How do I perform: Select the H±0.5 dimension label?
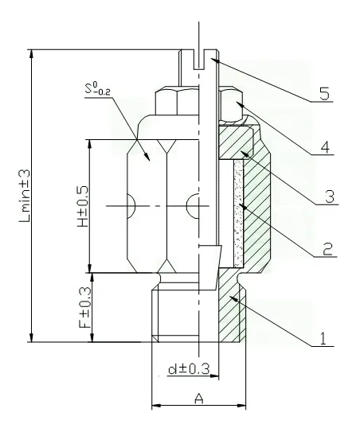[80, 206]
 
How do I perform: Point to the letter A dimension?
[198, 399]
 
